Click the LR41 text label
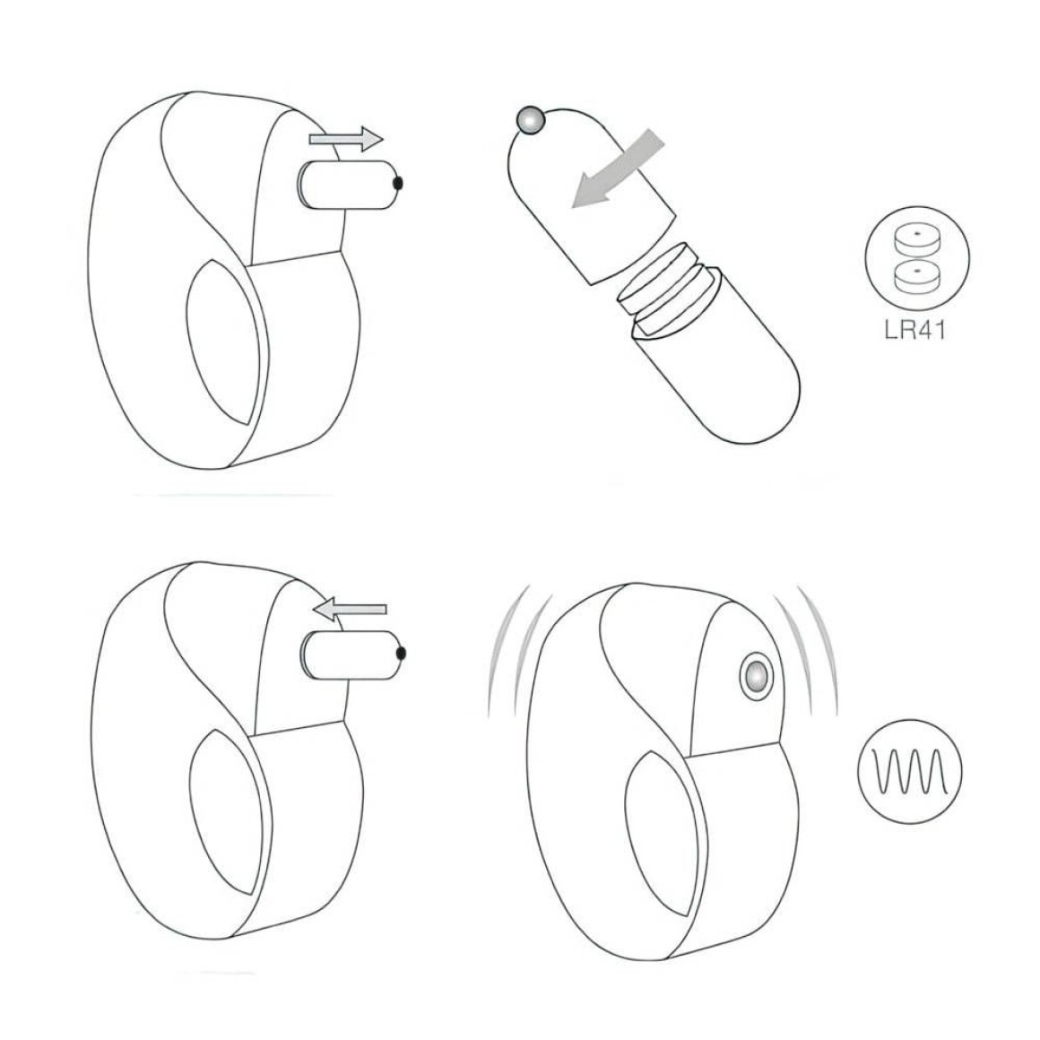tap(914, 330)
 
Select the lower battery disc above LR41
tap(917, 276)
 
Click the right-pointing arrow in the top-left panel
tap(346, 139)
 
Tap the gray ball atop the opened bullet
tap(531, 121)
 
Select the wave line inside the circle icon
tap(909, 772)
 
